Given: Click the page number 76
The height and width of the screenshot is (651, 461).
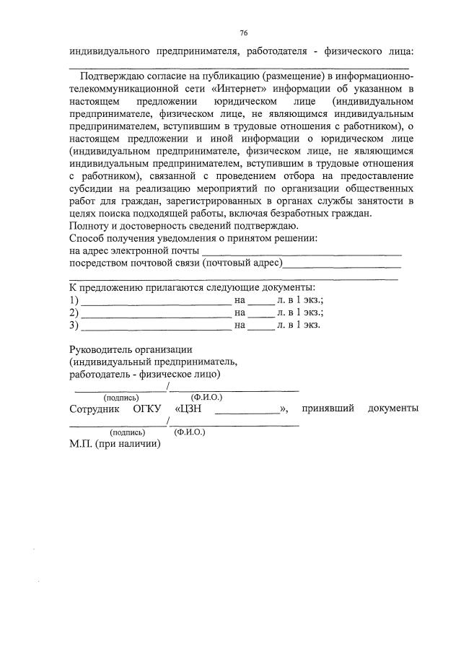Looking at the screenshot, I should coord(244,32).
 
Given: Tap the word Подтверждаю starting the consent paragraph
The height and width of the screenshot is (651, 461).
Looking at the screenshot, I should coord(116,77).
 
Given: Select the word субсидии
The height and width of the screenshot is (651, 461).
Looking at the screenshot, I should coord(93,189).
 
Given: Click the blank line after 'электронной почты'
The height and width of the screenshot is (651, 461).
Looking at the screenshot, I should coord(302,252).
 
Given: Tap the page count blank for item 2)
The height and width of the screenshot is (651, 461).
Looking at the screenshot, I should coord(261,313).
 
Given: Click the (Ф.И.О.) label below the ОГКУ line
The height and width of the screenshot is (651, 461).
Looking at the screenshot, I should coord(190,432).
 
